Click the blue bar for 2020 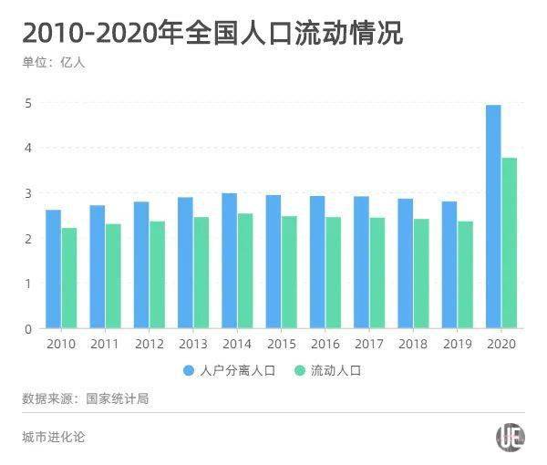pyautogui.click(x=493, y=217)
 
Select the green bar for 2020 pyautogui.click(x=510, y=243)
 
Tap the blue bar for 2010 pyautogui.click(x=53, y=269)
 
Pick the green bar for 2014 pyautogui.click(x=245, y=271)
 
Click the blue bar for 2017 pyautogui.click(x=361, y=263)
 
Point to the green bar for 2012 pyautogui.click(x=157, y=274)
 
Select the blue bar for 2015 pyautogui.click(x=273, y=262)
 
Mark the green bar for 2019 pyautogui.click(x=466, y=274)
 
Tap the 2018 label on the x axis pyautogui.click(x=412, y=345)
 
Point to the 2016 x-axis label pyautogui.click(x=324, y=345)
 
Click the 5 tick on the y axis pyautogui.click(x=28, y=103)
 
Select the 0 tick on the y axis pyautogui.click(x=28, y=328)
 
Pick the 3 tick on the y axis pyautogui.click(x=28, y=193)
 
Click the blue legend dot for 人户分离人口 pyautogui.click(x=189, y=371)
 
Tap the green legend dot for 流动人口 pyautogui.click(x=299, y=371)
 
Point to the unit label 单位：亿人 pyautogui.click(x=53, y=63)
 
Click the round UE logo pyautogui.click(x=510, y=437)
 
